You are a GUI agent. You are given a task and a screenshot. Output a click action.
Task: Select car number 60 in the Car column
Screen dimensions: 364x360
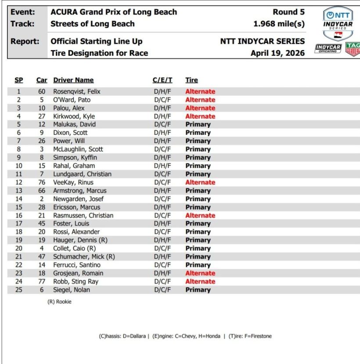42,92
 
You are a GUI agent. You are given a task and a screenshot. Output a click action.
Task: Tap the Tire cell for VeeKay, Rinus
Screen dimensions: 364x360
200,183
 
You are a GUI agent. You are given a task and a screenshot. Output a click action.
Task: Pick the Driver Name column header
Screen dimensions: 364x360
73,80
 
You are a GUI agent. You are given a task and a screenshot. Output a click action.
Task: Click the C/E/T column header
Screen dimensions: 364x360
162,80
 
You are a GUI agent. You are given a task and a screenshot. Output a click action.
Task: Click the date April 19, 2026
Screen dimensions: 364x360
277,53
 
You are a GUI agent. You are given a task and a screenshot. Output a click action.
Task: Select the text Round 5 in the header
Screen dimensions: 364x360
288,12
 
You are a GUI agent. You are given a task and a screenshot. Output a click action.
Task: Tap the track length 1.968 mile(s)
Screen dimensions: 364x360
279,24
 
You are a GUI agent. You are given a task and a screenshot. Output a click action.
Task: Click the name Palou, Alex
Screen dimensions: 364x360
69,108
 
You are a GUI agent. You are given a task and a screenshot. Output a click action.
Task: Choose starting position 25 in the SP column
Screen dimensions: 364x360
18,290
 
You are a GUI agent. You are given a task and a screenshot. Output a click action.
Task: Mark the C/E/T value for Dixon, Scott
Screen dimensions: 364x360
162,133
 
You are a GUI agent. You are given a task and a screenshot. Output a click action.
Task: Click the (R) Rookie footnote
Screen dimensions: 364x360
59,302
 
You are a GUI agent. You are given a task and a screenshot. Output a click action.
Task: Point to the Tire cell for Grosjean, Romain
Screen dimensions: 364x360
200,274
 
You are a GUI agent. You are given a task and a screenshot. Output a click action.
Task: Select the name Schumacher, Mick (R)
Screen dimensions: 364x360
84,257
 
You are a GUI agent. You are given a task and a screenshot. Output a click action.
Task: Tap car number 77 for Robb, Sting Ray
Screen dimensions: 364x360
42,282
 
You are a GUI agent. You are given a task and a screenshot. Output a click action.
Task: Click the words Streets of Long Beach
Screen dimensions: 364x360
93,24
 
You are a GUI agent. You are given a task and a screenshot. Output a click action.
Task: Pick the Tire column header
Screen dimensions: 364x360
191,80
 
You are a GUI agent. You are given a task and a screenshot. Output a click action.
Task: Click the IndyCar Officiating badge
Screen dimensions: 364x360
328,49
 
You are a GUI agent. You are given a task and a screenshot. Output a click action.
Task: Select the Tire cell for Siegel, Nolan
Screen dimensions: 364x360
198,290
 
